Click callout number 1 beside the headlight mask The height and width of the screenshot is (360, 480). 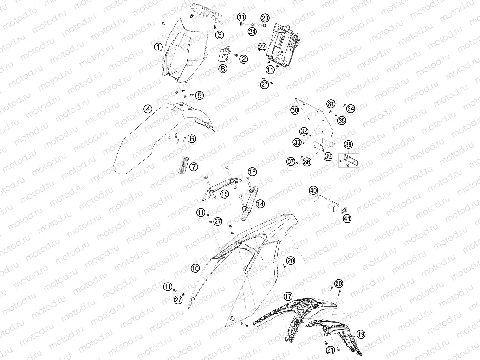tap(158, 47)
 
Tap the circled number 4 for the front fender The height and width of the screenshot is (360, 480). tap(148, 109)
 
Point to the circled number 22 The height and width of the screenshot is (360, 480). tap(262, 47)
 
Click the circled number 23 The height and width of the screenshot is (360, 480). tap(265, 18)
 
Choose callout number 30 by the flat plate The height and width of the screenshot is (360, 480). tap(295, 110)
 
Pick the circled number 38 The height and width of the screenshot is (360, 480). tap(348, 144)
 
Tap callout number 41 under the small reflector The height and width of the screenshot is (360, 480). tap(347, 219)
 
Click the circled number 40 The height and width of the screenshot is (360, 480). tap(313, 190)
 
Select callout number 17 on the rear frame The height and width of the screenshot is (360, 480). tap(288, 296)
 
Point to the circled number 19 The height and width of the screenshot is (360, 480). tap(361, 334)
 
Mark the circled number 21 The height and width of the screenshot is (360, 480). tap(330, 350)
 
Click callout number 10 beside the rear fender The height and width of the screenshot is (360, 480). tap(195, 269)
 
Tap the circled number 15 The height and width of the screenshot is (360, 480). tap(224, 194)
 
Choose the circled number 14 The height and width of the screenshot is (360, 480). tap(260, 204)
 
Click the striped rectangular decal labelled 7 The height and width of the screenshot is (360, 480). tap(185, 166)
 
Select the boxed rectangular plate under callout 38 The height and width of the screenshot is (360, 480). tap(349, 161)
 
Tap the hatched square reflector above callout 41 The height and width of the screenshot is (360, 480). tap(344, 210)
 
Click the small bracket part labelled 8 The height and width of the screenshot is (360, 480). tap(225, 55)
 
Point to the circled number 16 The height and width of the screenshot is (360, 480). tap(252, 172)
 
